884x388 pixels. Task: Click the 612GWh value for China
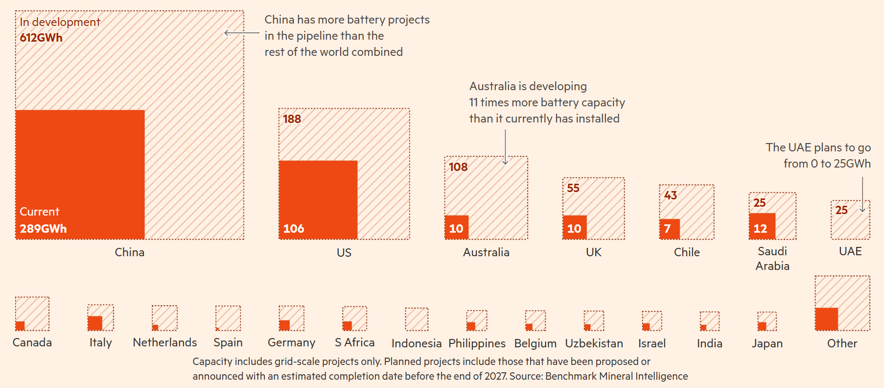(41, 38)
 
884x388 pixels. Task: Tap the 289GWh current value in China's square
(43, 229)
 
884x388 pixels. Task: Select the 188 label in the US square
(292, 119)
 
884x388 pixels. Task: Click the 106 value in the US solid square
(294, 229)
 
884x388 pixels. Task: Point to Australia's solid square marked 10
(457, 227)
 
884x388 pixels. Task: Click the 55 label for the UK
(573, 188)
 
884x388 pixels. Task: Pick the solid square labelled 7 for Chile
(670, 229)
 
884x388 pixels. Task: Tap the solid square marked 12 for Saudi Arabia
(762, 226)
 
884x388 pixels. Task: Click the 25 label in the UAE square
(841, 210)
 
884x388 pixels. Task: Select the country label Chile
(687, 252)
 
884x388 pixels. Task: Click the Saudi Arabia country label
(772, 259)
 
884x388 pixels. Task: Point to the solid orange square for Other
(826, 319)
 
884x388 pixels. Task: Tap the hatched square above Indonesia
(417, 319)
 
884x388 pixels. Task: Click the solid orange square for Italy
(95, 323)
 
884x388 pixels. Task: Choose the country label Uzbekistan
(594, 343)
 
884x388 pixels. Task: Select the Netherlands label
(164, 342)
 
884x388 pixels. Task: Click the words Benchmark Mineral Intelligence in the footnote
(616, 376)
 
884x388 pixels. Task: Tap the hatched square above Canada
(32, 314)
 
